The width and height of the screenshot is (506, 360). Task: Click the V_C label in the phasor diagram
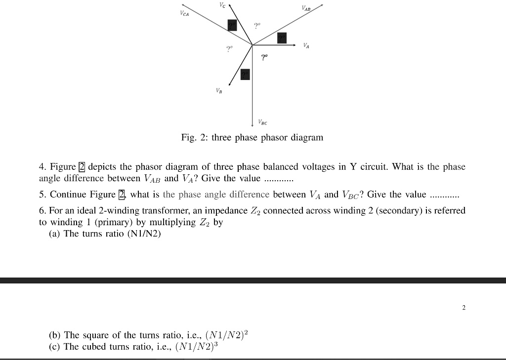pyautogui.click(x=222, y=5)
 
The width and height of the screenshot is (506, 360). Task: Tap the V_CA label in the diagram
pyautogui.click(x=184, y=14)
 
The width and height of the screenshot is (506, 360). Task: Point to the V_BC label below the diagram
pyautogui.click(x=263, y=122)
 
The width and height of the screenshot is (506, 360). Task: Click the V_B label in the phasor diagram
pyautogui.click(x=219, y=91)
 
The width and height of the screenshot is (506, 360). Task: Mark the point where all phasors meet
pyautogui.click(x=253, y=45)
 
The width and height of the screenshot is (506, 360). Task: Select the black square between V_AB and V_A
pyautogui.click(x=282, y=38)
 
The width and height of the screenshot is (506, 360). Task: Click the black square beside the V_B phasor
pyautogui.click(x=246, y=74)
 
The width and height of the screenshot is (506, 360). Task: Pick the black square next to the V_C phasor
pyautogui.click(x=232, y=25)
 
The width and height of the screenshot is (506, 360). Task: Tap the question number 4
pyautogui.click(x=42, y=167)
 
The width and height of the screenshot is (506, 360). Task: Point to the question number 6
pyautogui.click(x=42, y=211)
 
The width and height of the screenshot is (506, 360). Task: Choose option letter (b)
pyautogui.click(x=55, y=335)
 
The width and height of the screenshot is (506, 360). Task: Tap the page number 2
pyautogui.click(x=464, y=308)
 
